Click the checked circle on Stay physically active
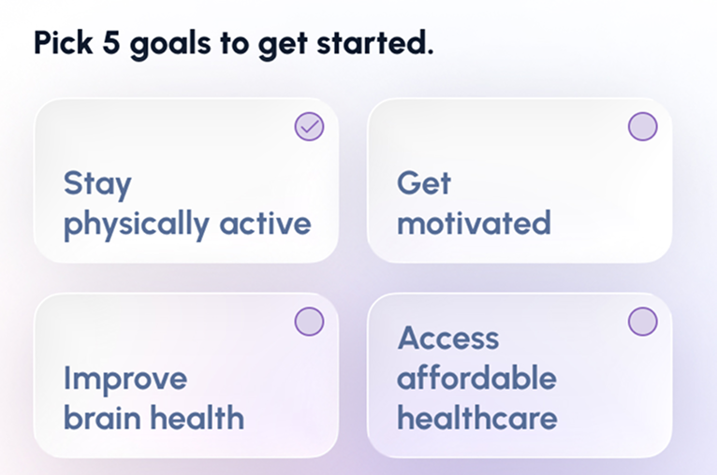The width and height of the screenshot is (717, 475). point(309,126)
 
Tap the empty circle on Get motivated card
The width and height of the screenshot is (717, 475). point(642,126)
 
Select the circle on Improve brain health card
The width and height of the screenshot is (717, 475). point(309,322)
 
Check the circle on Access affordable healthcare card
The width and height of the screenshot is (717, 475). point(642,322)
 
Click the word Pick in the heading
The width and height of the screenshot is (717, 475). point(63,43)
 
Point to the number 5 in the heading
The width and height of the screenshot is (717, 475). point(110,43)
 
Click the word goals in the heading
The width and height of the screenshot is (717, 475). point(170,46)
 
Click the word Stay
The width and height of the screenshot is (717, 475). point(97,184)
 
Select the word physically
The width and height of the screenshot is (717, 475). point(137,224)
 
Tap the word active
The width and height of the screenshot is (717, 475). point(265,223)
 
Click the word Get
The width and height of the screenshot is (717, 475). point(423,182)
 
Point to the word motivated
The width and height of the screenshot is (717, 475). point(474,223)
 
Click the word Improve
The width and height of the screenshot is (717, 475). point(124,380)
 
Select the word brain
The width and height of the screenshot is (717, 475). point(102,418)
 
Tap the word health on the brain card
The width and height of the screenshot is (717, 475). point(198,417)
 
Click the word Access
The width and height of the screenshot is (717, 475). point(448,338)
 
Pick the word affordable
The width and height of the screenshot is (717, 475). point(476,378)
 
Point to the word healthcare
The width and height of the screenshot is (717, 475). point(477,417)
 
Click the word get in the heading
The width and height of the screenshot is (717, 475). point(283,46)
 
